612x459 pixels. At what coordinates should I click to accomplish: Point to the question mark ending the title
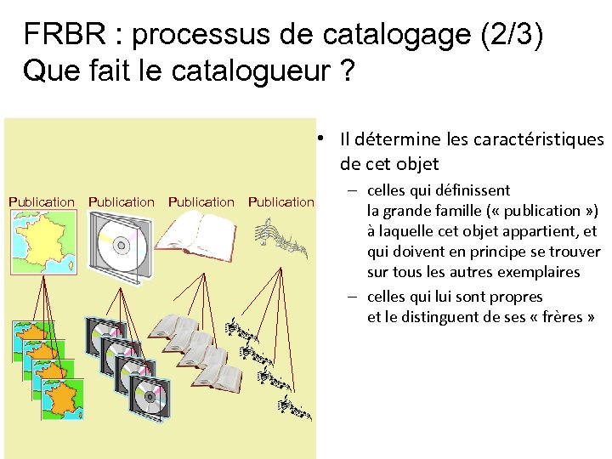click(345, 71)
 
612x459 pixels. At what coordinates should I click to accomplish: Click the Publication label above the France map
click(42, 202)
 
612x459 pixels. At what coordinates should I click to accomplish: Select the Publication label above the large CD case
click(122, 202)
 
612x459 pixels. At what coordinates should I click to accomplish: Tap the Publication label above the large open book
click(201, 202)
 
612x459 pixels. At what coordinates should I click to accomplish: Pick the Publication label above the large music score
click(281, 202)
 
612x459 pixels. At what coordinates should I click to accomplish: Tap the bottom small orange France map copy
click(63, 393)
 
